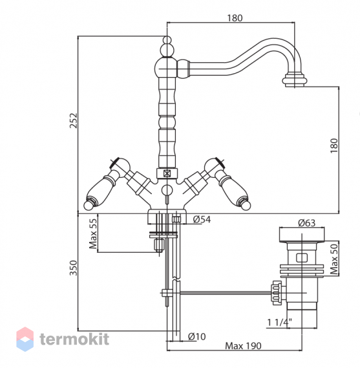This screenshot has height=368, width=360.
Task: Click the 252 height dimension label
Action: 74,121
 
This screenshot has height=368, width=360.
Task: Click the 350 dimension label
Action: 74,268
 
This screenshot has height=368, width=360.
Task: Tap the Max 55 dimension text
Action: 93,233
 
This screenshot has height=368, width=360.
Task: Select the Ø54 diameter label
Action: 202,219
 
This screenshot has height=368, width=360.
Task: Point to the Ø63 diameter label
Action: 307,222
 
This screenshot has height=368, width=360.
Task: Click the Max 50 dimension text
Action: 334,259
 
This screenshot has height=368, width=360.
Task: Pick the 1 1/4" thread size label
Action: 280,323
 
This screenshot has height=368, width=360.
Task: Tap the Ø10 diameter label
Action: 197,336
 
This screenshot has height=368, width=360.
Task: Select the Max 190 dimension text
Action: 243,346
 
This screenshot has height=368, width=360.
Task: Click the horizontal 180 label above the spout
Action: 235,18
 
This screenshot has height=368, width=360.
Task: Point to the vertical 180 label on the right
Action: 334,146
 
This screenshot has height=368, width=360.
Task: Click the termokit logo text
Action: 74,339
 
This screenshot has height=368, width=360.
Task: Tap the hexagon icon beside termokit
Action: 25,339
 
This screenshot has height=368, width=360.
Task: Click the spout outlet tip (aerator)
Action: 294,80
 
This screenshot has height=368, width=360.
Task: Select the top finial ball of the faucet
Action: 167,39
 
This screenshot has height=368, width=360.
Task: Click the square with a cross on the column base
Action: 167,174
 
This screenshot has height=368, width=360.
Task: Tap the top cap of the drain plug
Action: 302,235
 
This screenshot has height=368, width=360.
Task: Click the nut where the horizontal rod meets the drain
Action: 276,293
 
